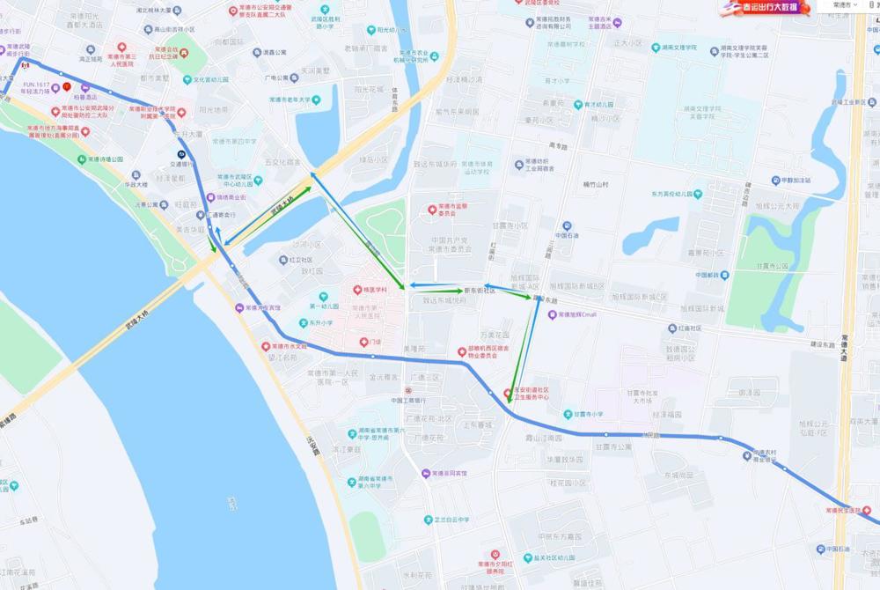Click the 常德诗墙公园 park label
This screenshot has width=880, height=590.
point(106,159)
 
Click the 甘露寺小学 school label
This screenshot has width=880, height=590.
point(583,414)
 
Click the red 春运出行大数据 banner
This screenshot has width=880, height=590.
point(761,8)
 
